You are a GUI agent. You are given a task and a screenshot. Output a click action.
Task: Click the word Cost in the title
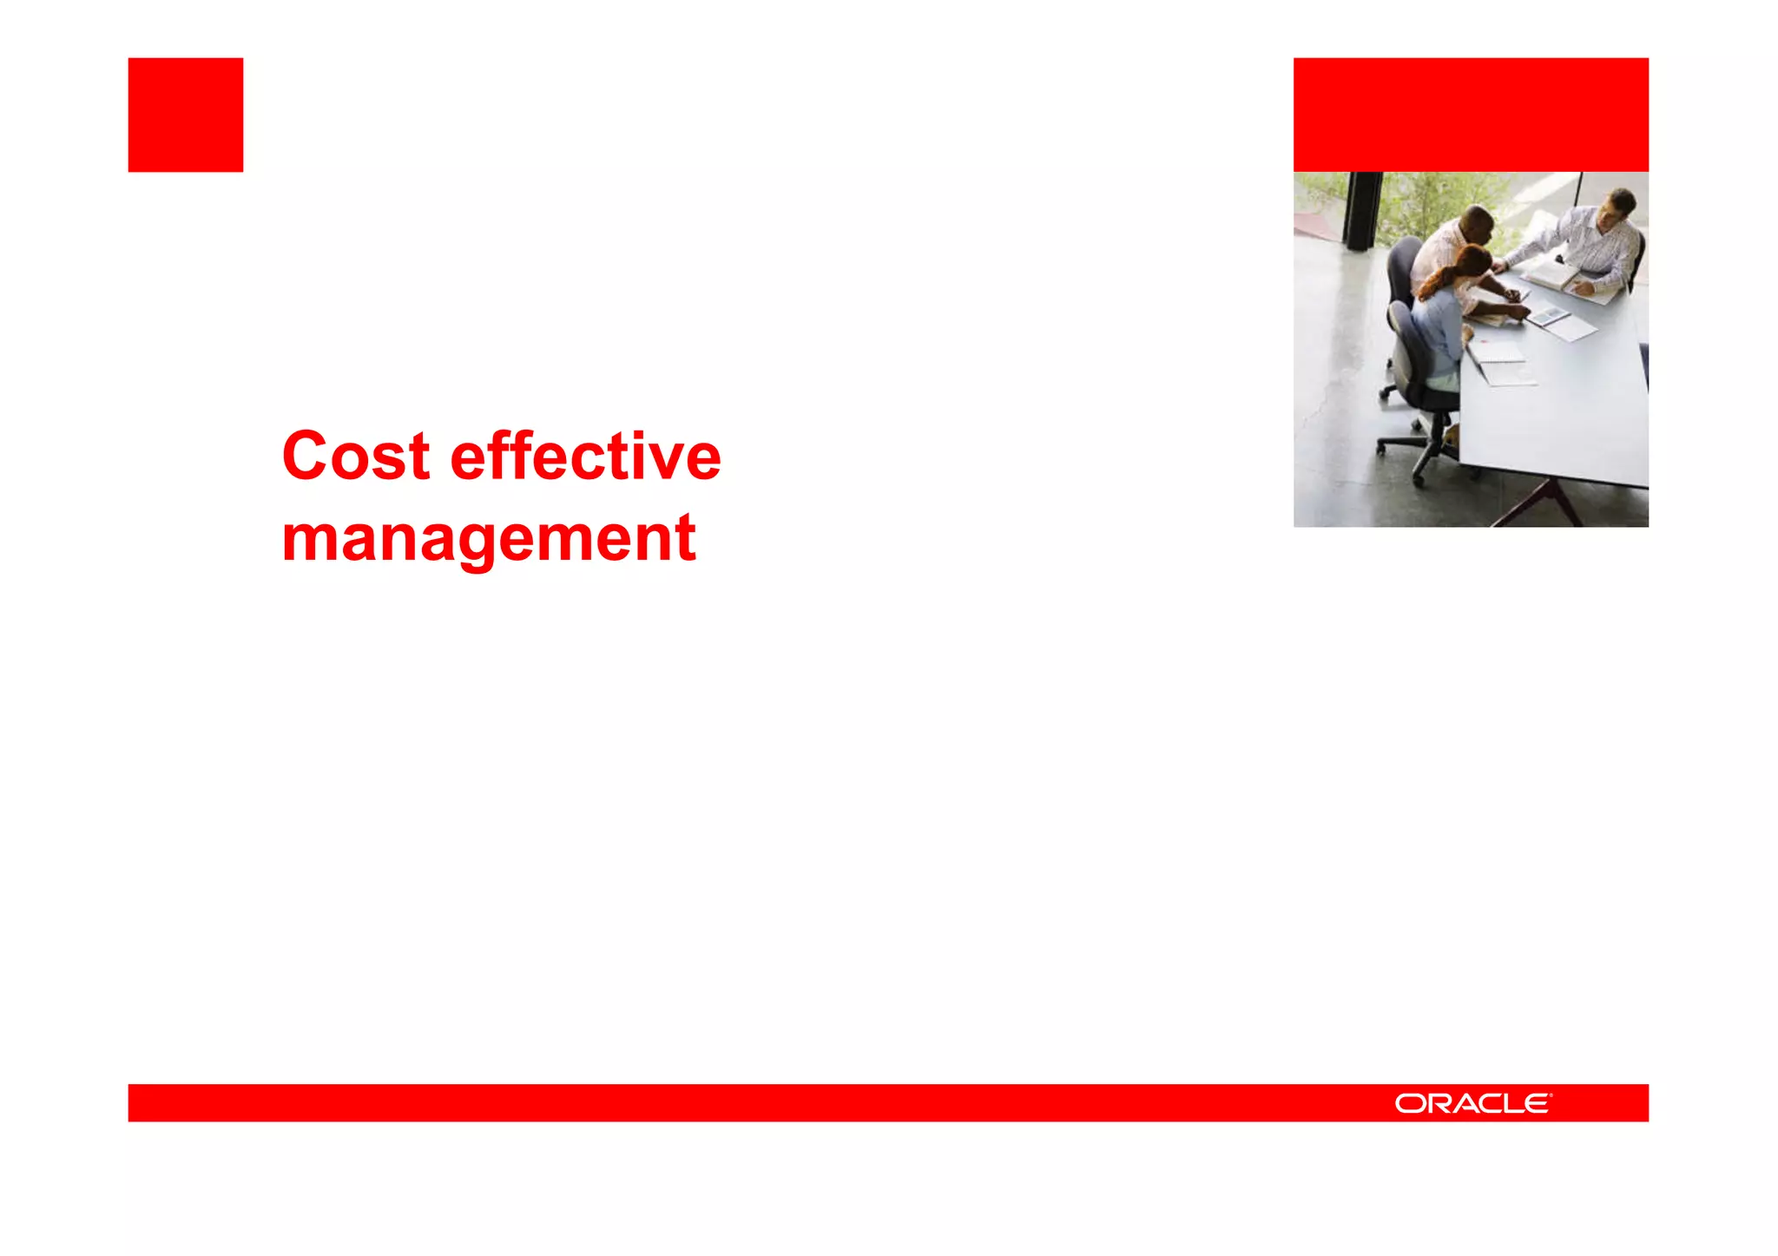pos(356,457)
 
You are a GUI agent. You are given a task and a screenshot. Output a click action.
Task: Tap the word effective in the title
pos(585,457)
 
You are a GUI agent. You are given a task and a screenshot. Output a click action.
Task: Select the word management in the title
pos(489,539)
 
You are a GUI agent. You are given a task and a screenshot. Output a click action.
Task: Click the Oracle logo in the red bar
pos(1472,1103)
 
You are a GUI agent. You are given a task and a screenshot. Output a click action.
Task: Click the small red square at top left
pos(186,115)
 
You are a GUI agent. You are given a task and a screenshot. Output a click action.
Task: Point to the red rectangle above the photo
pos(1471,115)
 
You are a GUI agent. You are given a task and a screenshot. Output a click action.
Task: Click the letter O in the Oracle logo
pos(1410,1103)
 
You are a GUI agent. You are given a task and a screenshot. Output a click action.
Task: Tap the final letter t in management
pos(686,539)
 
